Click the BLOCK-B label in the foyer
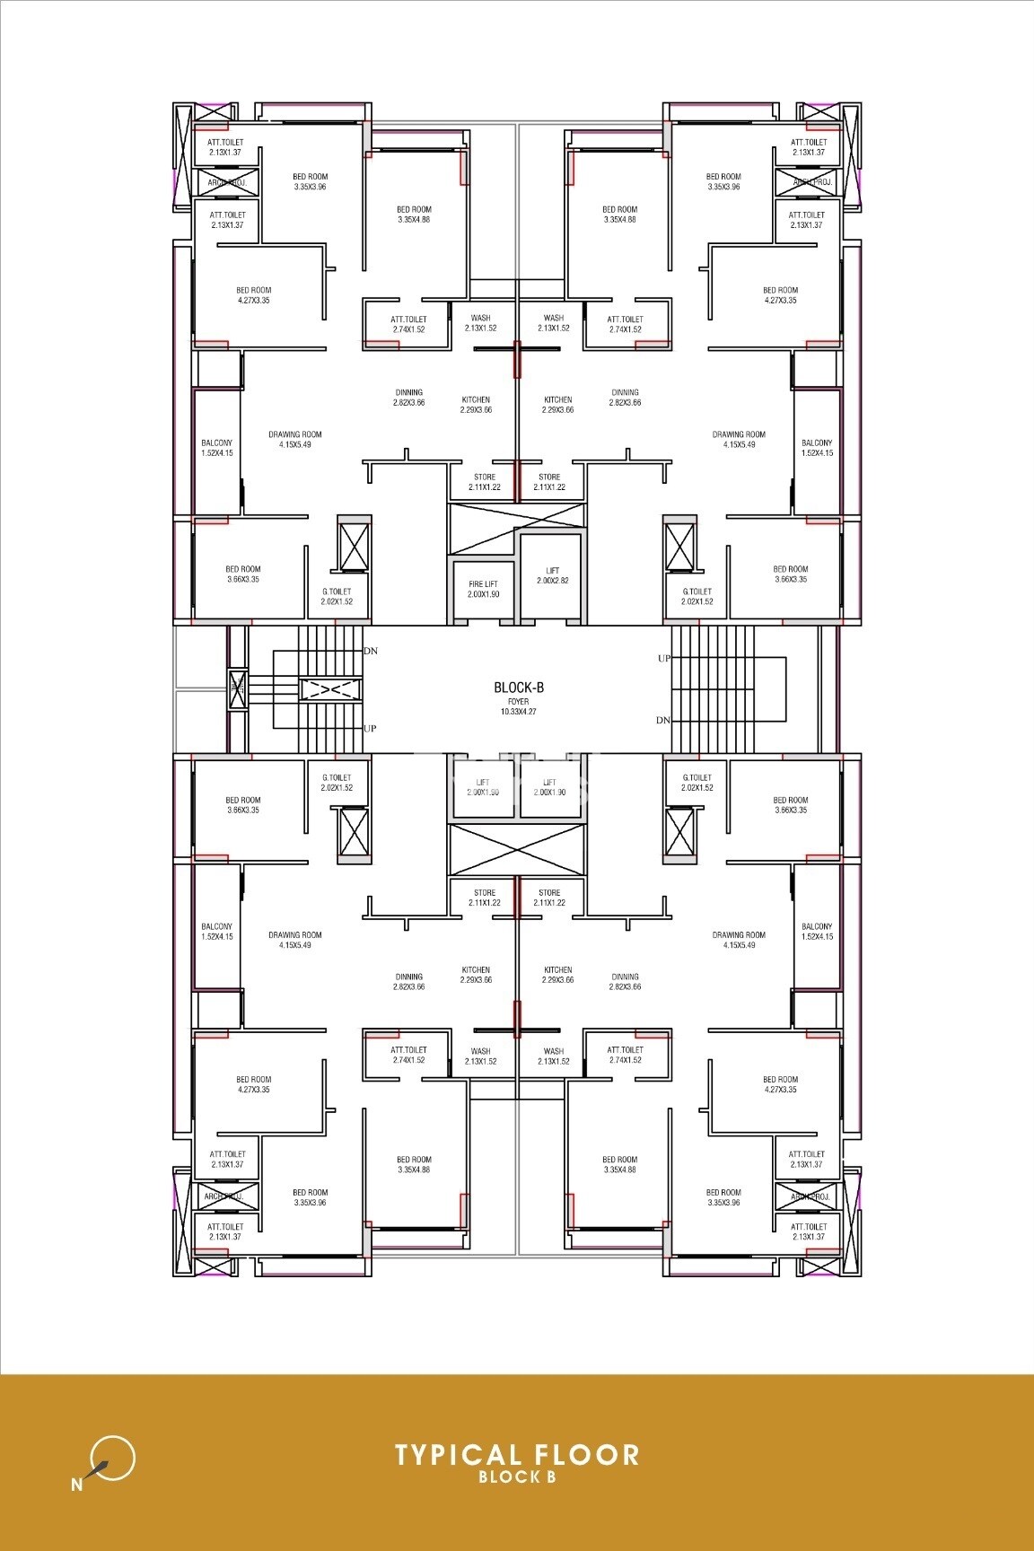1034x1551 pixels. tap(519, 688)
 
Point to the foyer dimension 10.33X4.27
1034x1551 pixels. tap(519, 711)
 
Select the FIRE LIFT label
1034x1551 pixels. tap(483, 584)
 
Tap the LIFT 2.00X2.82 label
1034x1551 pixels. tap(552, 575)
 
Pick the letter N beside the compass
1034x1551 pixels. tap(76, 1485)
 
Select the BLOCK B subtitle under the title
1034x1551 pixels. tap(517, 1477)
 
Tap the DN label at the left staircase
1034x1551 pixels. tap(371, 651)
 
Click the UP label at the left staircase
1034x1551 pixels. tap(371, 728)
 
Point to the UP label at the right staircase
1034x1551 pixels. tap(664, 658)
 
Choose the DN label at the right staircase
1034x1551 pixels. tap(663, 720)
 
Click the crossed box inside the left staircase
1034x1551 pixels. tap(330, 690)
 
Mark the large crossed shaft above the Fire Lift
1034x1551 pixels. tap(516, 529)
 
